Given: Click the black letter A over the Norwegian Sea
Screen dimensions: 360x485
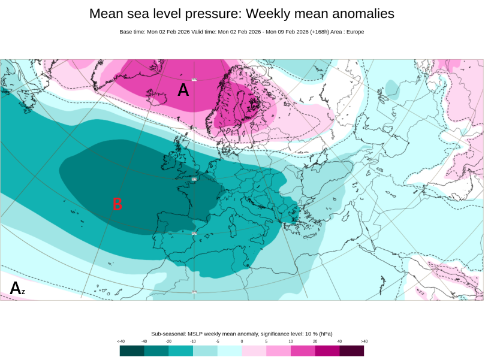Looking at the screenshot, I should tap(183, 90).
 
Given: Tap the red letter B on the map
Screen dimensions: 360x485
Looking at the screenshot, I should tap(118, 204).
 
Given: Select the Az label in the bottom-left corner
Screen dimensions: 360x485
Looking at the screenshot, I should tap(17, 288).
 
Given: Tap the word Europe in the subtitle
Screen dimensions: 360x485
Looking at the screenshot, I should tap(354, 32).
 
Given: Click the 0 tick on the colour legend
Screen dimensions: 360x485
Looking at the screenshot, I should tap(242, 341).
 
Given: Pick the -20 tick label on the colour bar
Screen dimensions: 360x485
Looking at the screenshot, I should tap(168, 341).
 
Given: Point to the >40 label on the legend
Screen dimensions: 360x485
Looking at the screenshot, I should tap(364, 341).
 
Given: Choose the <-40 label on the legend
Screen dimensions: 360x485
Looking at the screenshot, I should tap(121, 341).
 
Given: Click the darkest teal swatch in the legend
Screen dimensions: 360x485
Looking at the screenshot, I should tap(132, 350).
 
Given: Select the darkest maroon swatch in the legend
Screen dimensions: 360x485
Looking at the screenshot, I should tap(351, 350).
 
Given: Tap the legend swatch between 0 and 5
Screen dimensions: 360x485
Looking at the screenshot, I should tap(254, 350).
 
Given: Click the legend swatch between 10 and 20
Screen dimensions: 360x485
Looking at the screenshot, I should tap(303, 350).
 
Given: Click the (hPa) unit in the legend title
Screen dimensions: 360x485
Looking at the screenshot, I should tap(325, 334).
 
